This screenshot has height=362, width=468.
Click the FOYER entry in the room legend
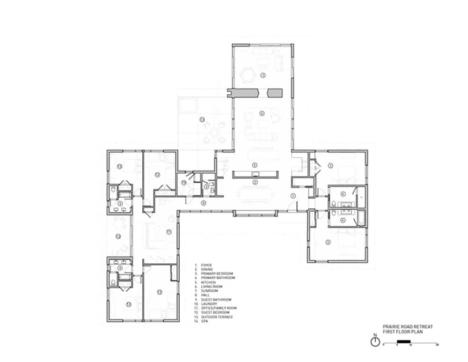206,265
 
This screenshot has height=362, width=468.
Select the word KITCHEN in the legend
208,282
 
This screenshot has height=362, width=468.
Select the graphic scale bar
410,344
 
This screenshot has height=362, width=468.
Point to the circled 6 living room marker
262,113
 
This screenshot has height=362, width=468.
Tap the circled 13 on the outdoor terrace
202,119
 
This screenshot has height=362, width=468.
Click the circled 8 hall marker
204,203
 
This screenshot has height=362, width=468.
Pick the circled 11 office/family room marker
168,231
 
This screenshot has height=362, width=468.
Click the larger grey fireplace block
247,93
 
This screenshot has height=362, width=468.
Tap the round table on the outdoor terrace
214,133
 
